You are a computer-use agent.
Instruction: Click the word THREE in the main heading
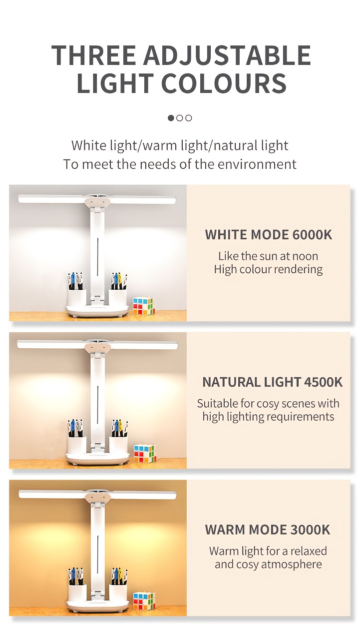point(94,55)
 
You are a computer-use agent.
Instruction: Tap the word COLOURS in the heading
point(224,83)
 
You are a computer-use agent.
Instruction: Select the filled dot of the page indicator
point(171,118)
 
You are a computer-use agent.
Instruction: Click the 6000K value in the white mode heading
point(312,234)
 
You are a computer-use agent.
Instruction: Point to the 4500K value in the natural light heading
point(323,382)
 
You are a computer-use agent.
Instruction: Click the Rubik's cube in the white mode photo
point(144,306)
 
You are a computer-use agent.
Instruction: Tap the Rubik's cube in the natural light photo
point(145,454)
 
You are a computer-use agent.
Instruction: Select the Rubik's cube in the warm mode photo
point(144,601)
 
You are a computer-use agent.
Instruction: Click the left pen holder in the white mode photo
point(77,298)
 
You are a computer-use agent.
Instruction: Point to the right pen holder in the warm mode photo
point(118,593)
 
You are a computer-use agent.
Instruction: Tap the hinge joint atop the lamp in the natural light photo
point(97,347)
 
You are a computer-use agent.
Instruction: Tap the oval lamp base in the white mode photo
point(97,311)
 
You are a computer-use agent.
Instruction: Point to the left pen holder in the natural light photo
point(77,445)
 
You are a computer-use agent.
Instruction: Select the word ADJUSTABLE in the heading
point(227,55)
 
